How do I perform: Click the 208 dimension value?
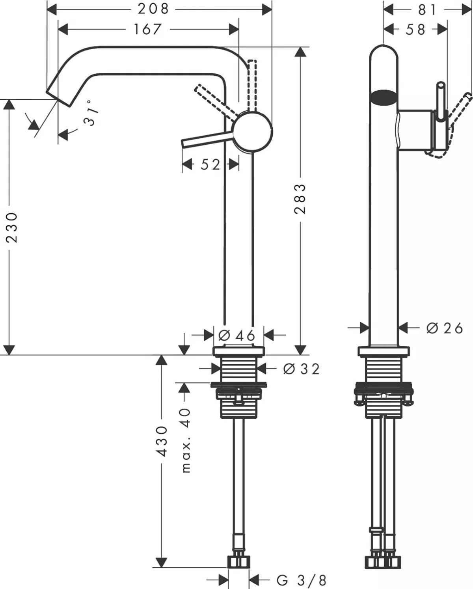(153, 9)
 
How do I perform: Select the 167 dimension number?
(147, 29)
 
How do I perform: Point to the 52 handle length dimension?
(210, 164)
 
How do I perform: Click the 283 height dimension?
(300, 199)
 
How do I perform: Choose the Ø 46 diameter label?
(237, 336)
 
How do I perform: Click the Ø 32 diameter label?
(302, 369)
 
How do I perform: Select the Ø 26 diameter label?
(445, 328)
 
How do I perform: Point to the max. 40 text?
(185, 440)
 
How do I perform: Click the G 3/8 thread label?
(302, 580)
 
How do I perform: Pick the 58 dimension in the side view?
(415, 29)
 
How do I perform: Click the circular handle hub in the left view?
(252, 131)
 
